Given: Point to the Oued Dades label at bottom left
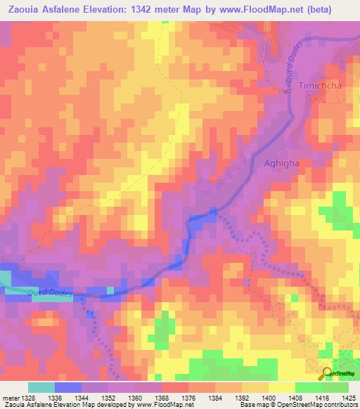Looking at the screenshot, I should (49, 293).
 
